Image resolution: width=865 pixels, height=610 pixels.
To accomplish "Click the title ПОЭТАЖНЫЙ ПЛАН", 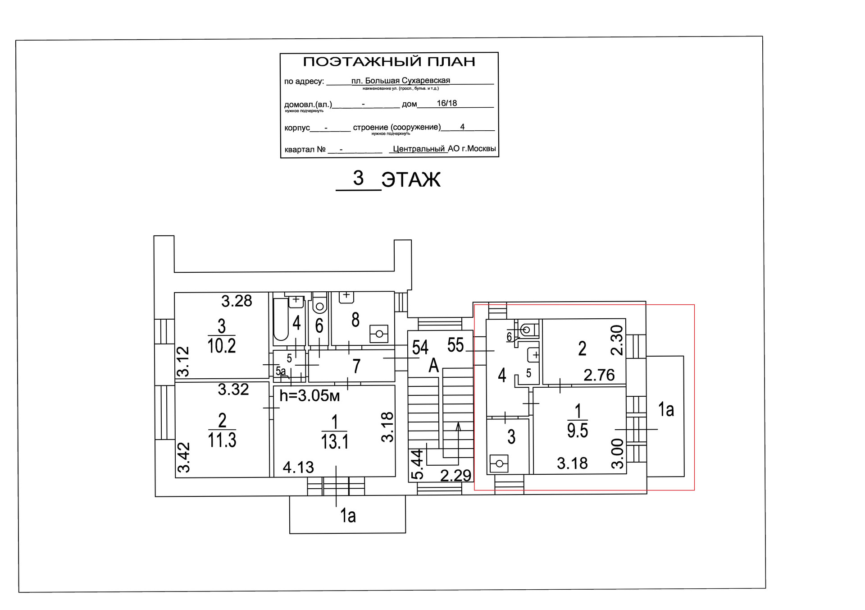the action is (389, 62).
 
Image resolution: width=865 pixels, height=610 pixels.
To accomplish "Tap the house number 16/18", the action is (446, 103).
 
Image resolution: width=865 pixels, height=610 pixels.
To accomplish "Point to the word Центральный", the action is (419, 149).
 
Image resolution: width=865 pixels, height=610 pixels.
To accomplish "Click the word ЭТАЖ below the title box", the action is (410, 180).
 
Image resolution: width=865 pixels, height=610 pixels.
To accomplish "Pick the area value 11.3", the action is (222, 440).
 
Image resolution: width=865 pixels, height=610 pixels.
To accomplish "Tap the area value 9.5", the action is (577, 431).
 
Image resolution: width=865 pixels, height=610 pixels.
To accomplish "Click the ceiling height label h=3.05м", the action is (310, 396).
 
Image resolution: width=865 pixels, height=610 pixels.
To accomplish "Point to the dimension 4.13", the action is (298, 468).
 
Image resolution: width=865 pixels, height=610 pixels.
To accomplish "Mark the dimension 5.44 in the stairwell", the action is (418, 464).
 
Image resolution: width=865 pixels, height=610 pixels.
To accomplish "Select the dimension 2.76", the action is (599, 375).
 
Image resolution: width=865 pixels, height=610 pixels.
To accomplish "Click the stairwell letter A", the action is (433, 366).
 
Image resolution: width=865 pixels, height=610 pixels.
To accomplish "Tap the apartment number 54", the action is (420, 348).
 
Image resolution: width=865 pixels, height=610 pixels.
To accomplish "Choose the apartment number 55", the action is (455, 345).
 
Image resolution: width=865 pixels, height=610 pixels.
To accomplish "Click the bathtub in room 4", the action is (281, 320).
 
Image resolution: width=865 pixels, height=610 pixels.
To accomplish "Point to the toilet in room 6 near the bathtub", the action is (320, 304).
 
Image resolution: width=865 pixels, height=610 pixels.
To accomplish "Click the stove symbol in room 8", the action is (379, 334).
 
